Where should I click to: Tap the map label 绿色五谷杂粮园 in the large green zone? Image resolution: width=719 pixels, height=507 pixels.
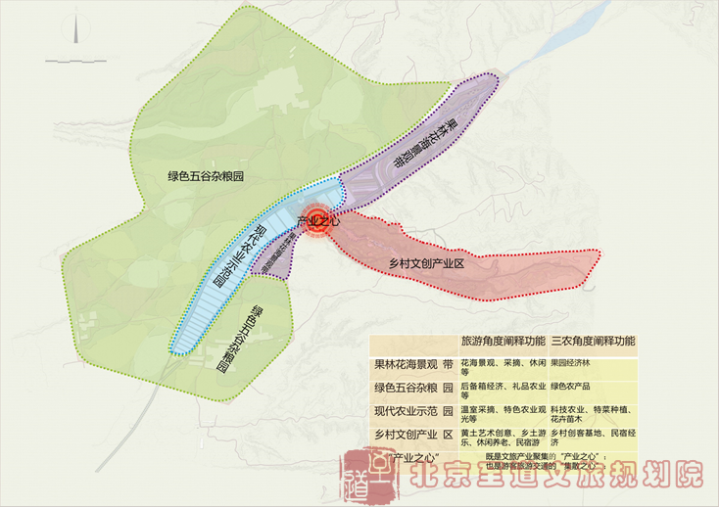[205, 176]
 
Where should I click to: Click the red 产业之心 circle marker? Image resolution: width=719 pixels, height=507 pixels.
[316, 221]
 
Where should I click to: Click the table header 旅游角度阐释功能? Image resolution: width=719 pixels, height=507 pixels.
[503, 343]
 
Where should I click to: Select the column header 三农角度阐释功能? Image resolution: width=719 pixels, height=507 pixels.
[593, 343]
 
